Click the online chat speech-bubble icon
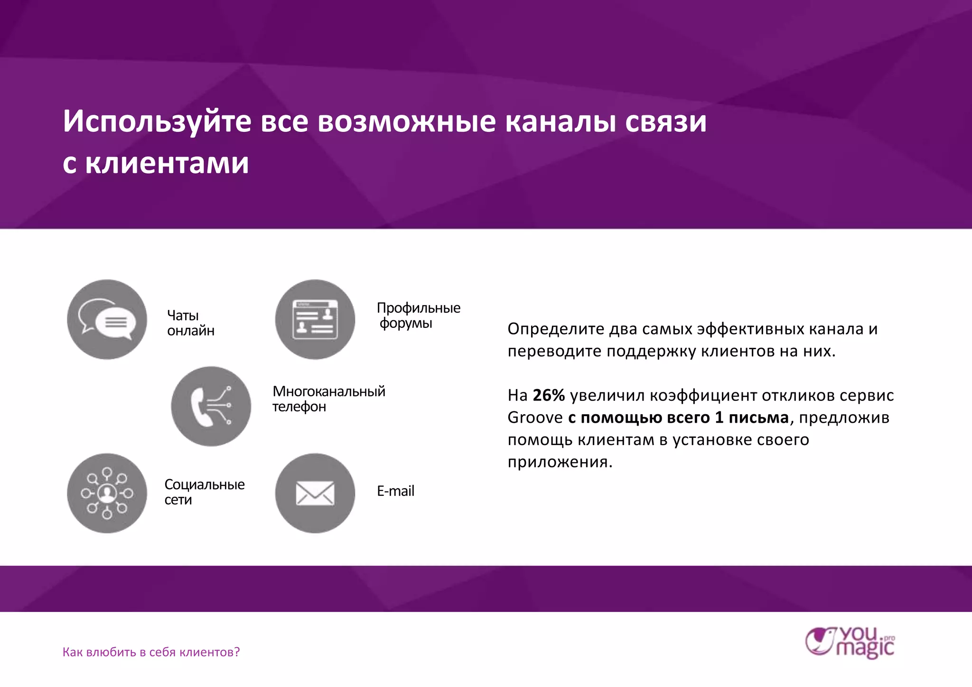tap(107, 319)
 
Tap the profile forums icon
tap(315, 319)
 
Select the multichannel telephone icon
tap(211, 406)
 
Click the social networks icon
tap(107, 493)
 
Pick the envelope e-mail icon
tap(315, 493)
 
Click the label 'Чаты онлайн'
tap(190, 323)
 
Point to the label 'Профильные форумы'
tap(418, 316)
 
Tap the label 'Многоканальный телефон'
tap(328, 399)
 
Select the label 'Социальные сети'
tap(204, 492)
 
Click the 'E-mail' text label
tap(395, 491)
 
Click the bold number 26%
tap(549, 395)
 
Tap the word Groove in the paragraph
tap(535, 418)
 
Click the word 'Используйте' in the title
tap(157, 122)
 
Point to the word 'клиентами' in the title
tap(167, 164)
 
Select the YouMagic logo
tap(850, 643)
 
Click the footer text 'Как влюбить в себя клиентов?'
tap(151, 652)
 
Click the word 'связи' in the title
tap(665, 122)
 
